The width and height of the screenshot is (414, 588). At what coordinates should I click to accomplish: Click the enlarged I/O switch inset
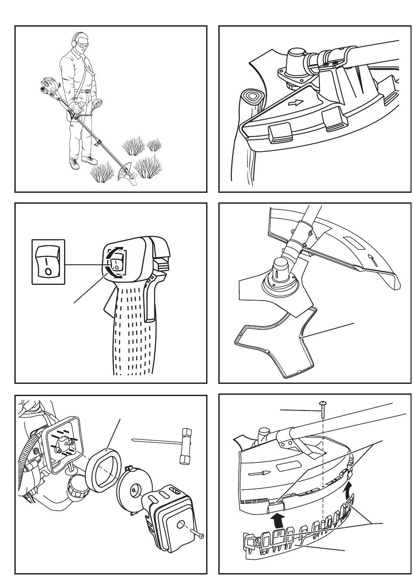click(x=48, y=262)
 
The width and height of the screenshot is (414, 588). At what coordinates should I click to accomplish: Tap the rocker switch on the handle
click(x=117, y=263)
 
